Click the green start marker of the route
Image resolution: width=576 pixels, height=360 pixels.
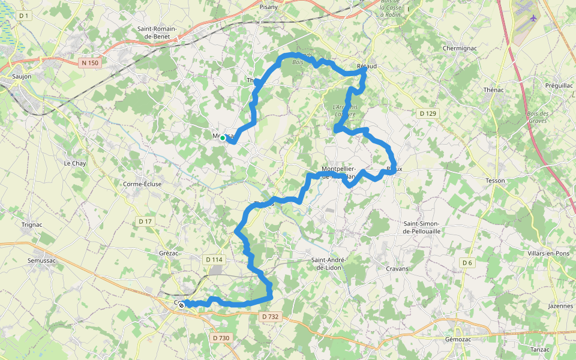click(223, 138)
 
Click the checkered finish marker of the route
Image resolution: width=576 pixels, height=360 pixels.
click(181, 305)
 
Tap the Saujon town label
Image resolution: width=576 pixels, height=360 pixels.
click(22, 77)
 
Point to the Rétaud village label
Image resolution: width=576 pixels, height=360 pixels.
click(367, 66)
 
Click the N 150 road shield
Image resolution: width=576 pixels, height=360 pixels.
click(90, 62)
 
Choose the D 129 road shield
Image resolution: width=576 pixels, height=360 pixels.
click(428, 113)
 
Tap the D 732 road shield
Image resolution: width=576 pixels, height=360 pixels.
click(271, 316)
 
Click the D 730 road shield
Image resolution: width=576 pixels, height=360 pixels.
click(221, 338)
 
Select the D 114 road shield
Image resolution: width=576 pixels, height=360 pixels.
click(214, 260)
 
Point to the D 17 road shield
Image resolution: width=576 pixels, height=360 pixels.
click(145, 221)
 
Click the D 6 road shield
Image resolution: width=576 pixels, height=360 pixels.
click(467, 263)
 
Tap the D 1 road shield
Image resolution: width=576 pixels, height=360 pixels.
click(24, 15)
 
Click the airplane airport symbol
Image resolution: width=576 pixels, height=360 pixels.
click(532, 17)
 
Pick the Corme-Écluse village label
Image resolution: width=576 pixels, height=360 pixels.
click(142, 184)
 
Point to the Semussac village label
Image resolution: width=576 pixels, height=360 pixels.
click(41, 261)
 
